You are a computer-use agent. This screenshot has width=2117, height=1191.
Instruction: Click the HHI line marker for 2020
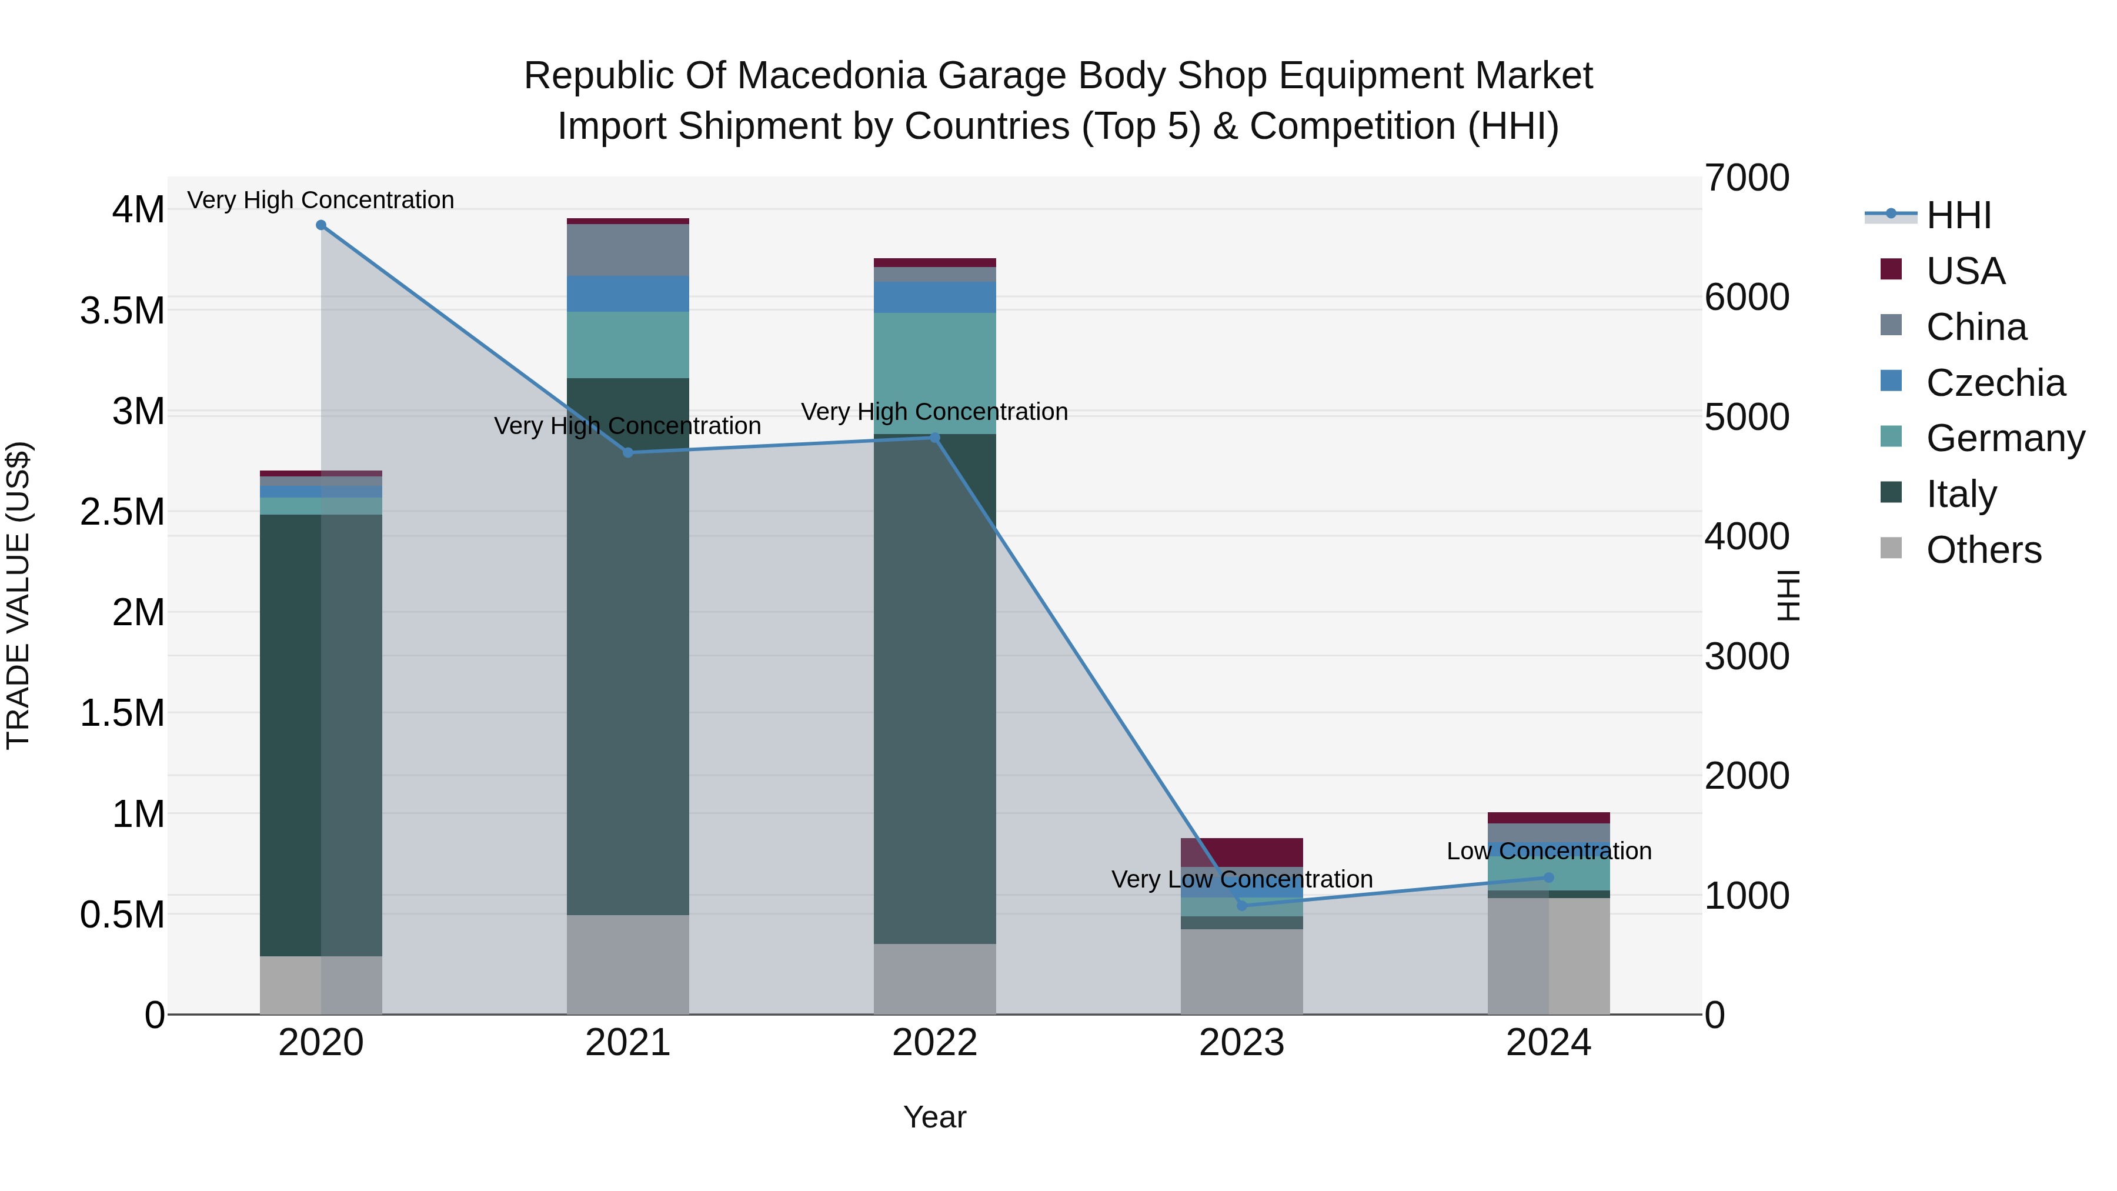pos(320,225)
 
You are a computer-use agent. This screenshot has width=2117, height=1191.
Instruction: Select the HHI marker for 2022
pos(934,437)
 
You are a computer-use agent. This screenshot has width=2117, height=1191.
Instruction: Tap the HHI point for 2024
pos(1548,877)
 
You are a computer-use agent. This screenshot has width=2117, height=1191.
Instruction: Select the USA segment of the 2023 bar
pos(1242,852)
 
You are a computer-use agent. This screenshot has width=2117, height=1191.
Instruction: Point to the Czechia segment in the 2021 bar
pos(628,293)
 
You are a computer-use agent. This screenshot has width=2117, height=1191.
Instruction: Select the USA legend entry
pos(1964,271)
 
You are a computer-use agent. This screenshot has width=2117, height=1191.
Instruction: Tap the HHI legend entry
pos(1958,215)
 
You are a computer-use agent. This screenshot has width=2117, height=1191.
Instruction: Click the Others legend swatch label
pos(1982,550)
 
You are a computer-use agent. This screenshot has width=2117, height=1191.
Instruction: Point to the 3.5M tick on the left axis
pos(122,311)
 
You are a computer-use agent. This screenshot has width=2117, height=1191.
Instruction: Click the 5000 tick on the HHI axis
pos(1747,417)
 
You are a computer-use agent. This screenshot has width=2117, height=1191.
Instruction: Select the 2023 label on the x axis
pos(1242,1043)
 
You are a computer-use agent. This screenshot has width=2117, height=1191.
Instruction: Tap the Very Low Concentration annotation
pos(1242,879)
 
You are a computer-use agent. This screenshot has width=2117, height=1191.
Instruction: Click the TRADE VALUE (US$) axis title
pos(18,595)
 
